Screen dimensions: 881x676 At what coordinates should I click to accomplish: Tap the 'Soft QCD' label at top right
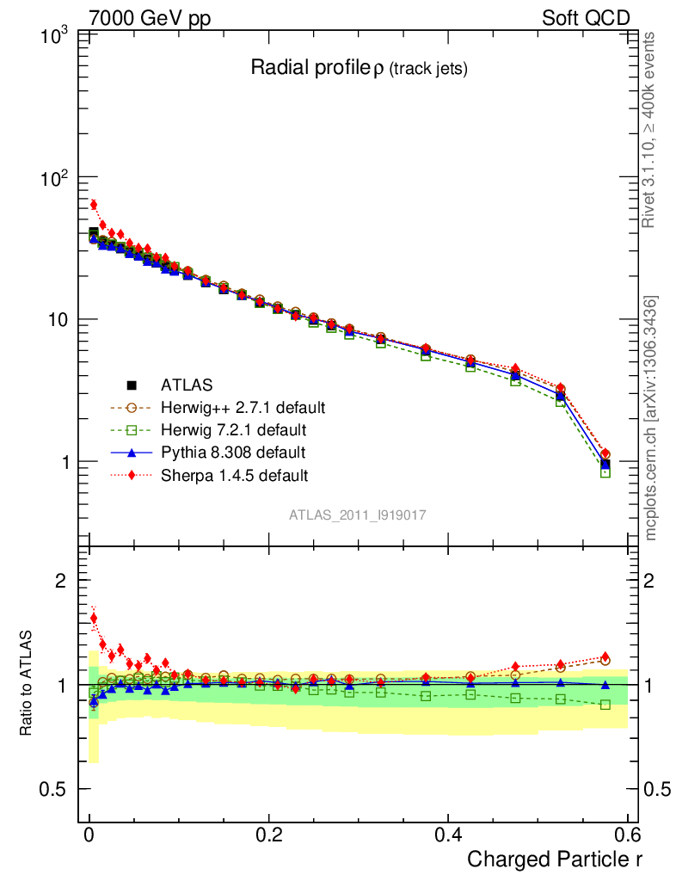[x=586, y=18]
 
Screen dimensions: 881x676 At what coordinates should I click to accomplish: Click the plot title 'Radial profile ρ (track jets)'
[x=359, y=69]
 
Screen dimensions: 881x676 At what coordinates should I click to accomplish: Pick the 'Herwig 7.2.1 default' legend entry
[x=234, y=429]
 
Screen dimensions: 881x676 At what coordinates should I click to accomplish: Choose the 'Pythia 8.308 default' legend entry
[x=232, y=452]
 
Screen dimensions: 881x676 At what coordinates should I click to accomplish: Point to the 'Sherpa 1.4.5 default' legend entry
[x=234, y=474]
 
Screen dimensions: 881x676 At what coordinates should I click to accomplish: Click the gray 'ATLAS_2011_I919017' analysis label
[x=358, y=514]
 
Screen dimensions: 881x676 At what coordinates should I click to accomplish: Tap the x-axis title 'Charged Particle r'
[x=555, y=859]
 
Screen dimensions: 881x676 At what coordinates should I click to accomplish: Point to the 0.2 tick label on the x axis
[x=268, y=834]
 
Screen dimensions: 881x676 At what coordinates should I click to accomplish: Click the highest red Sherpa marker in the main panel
[x=93, y=204]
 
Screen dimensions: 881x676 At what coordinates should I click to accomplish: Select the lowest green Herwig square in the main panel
[x=605, y=471]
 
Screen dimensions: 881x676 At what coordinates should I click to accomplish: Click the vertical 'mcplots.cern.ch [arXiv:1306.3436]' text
[x=651, y=417]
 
